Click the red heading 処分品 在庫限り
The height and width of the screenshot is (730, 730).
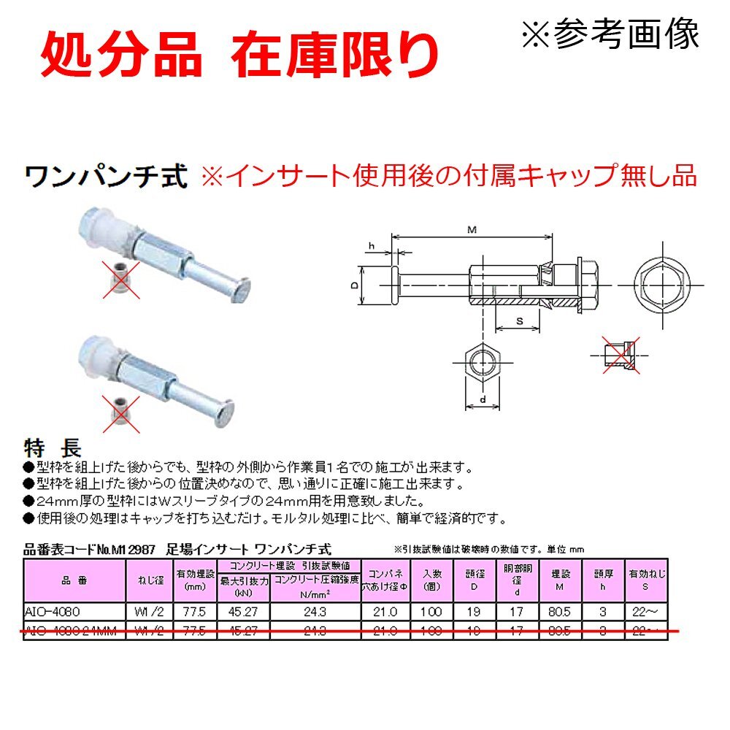(x=239, y=55)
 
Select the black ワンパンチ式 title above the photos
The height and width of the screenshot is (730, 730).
(x=107, y=177)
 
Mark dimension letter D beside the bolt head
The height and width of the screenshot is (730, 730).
(x=355, y=286)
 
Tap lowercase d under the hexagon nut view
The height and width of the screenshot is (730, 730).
(x=483, y=399)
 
